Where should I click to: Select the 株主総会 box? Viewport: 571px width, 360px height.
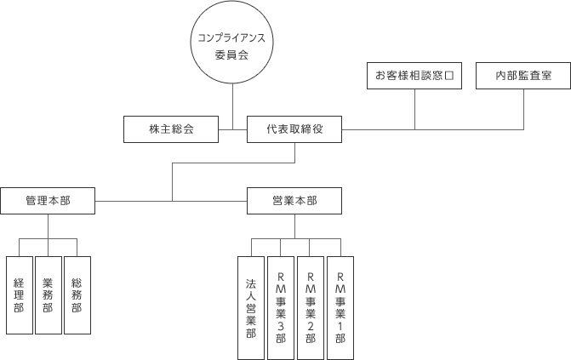[171, 130]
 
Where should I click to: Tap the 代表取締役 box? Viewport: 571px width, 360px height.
[294, 130]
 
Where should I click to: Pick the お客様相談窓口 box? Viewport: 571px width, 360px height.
[414, 76]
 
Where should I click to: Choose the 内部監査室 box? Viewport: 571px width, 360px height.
[523, 76]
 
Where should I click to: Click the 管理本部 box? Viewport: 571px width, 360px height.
[48, 201]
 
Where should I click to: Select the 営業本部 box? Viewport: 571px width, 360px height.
[294, 201]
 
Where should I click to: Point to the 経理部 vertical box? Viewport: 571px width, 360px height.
[19, 294]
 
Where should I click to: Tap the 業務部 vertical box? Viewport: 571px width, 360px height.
[48, 294]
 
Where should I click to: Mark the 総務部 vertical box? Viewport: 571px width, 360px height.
[77, 294]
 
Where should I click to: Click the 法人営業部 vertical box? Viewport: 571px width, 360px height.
[251, 306]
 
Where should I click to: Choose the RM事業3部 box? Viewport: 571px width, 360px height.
[281, 306]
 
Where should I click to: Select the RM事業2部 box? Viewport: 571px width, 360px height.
[311, 306]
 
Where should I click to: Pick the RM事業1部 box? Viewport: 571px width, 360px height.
[340, 306]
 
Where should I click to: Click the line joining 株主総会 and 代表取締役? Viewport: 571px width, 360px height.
[232, 130]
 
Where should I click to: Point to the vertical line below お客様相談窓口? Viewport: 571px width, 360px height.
[414, 109]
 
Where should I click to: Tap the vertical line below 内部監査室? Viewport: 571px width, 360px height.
[523, 109]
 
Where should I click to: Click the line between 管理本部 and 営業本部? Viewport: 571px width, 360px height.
[170, 201]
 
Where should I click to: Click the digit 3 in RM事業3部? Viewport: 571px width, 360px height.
[281, 326]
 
